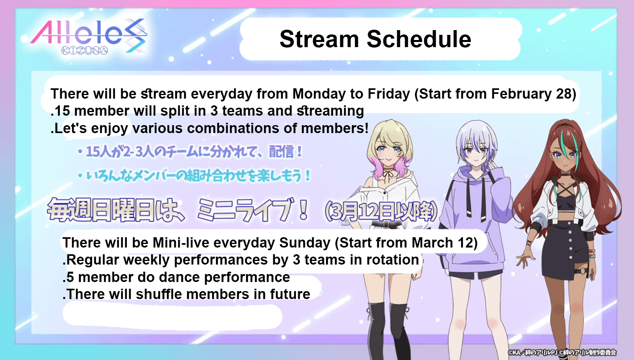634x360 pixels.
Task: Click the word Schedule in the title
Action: [419, 39]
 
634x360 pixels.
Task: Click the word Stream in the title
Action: [319, 39]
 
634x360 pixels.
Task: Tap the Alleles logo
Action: [89, 36]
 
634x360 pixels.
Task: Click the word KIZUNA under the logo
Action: [85, 51]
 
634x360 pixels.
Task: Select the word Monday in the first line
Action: [319, 94]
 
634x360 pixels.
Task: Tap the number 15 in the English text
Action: [62, 111]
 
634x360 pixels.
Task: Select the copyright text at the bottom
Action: [562, 352]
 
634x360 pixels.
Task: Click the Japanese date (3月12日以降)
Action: [381, 211]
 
